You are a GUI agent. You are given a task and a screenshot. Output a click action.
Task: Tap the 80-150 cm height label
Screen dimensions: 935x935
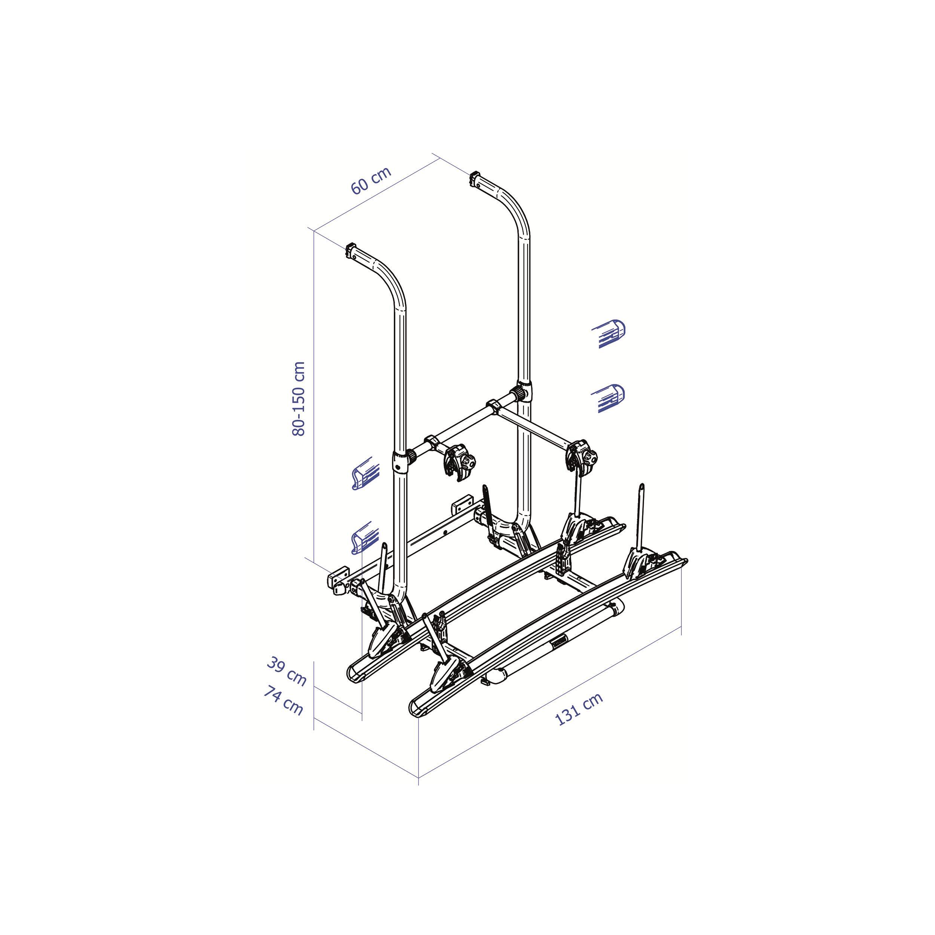(x=299, y=398)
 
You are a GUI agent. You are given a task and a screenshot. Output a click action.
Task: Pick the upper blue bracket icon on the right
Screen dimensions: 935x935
(x=609, y=334)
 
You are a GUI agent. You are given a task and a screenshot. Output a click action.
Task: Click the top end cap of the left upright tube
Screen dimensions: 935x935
(x=351, y=251)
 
